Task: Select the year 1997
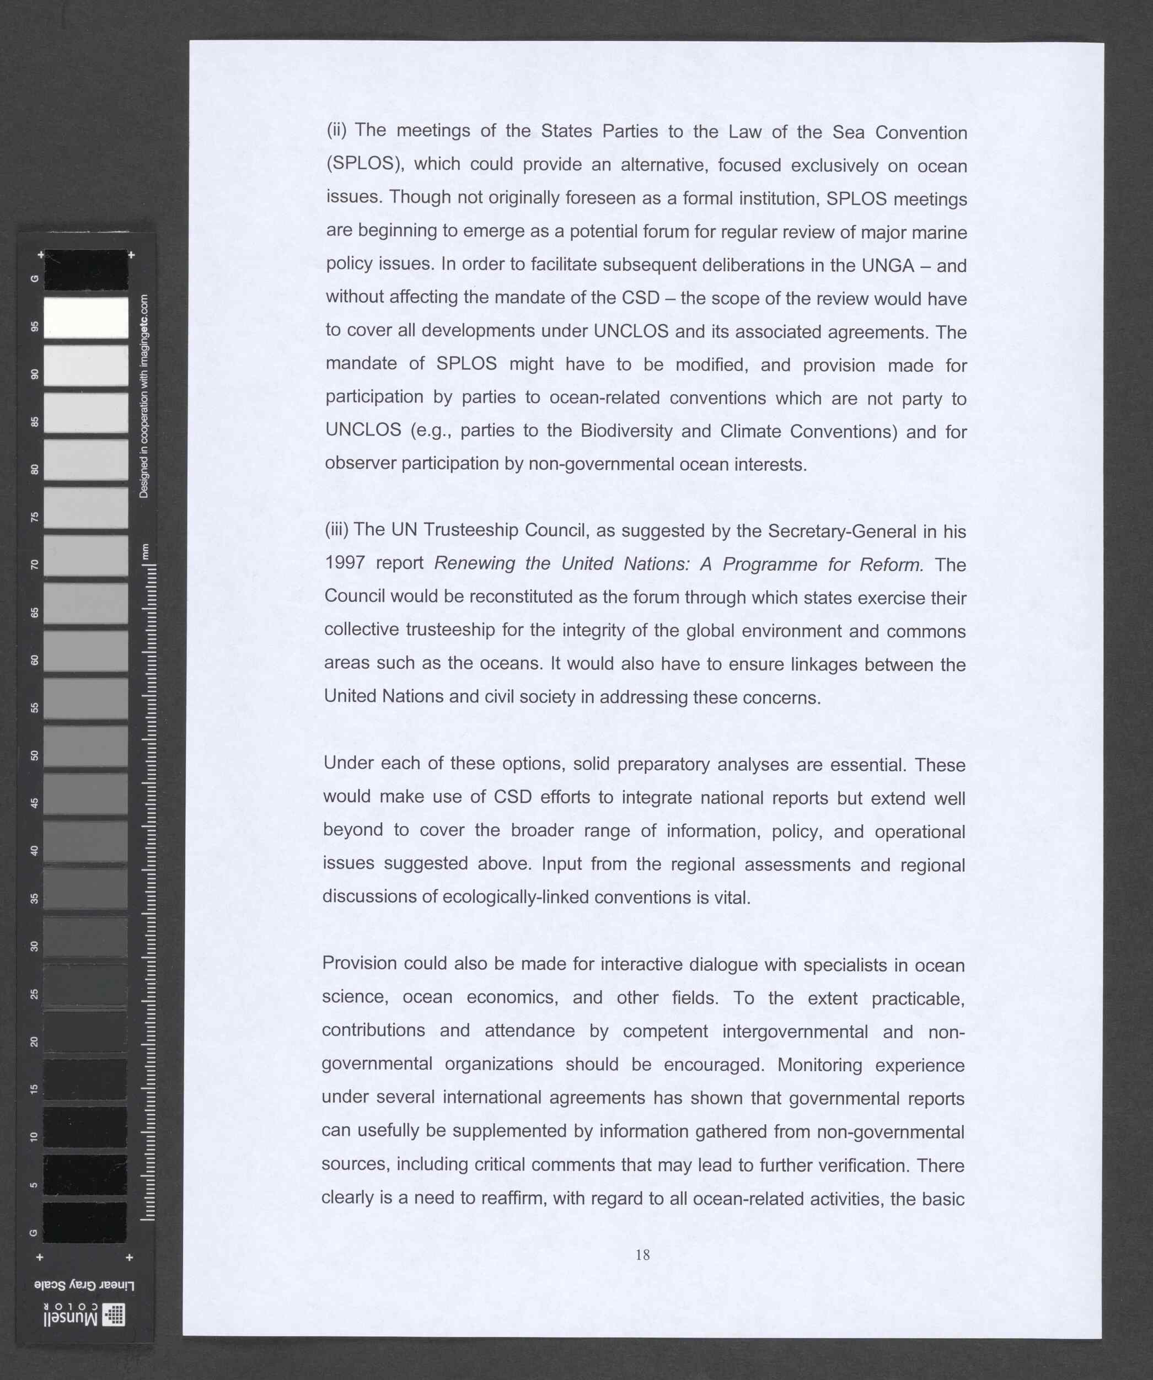click(345, 562)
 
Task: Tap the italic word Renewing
click(475, 563)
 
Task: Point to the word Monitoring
click(819, 1064)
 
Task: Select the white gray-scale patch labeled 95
click(85, 318)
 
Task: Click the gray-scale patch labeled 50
click(85, 746)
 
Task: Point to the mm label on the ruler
click(145, 552)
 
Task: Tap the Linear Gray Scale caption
click(84, 1285)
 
